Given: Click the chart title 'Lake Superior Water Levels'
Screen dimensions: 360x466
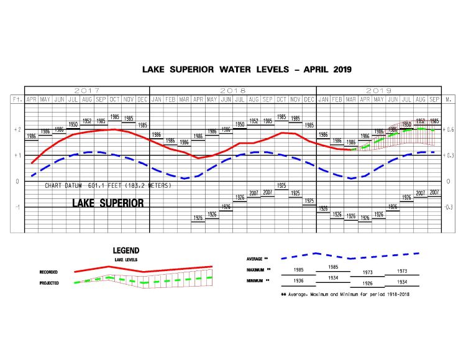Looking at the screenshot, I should (x=247, y=70).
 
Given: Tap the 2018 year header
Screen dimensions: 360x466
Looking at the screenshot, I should (x=233, y=91).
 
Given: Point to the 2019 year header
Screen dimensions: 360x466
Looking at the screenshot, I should (x=378, y=91).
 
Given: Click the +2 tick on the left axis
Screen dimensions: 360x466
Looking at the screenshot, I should (x=17, y=129).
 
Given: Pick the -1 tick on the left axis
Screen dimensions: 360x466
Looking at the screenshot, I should (x=17, y=207).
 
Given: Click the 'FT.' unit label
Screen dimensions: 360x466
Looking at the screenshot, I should (x=17, y=99).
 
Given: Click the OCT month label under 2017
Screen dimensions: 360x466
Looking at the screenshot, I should (x=115, y=99).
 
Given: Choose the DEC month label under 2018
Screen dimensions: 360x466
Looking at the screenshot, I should (x=309, y=99).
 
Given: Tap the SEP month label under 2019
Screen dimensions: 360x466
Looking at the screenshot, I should (x=434, y=99).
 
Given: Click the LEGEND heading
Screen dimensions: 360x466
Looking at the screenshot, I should (x=126, y=250).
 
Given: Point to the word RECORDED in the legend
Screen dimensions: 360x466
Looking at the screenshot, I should (x=49, y=272).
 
